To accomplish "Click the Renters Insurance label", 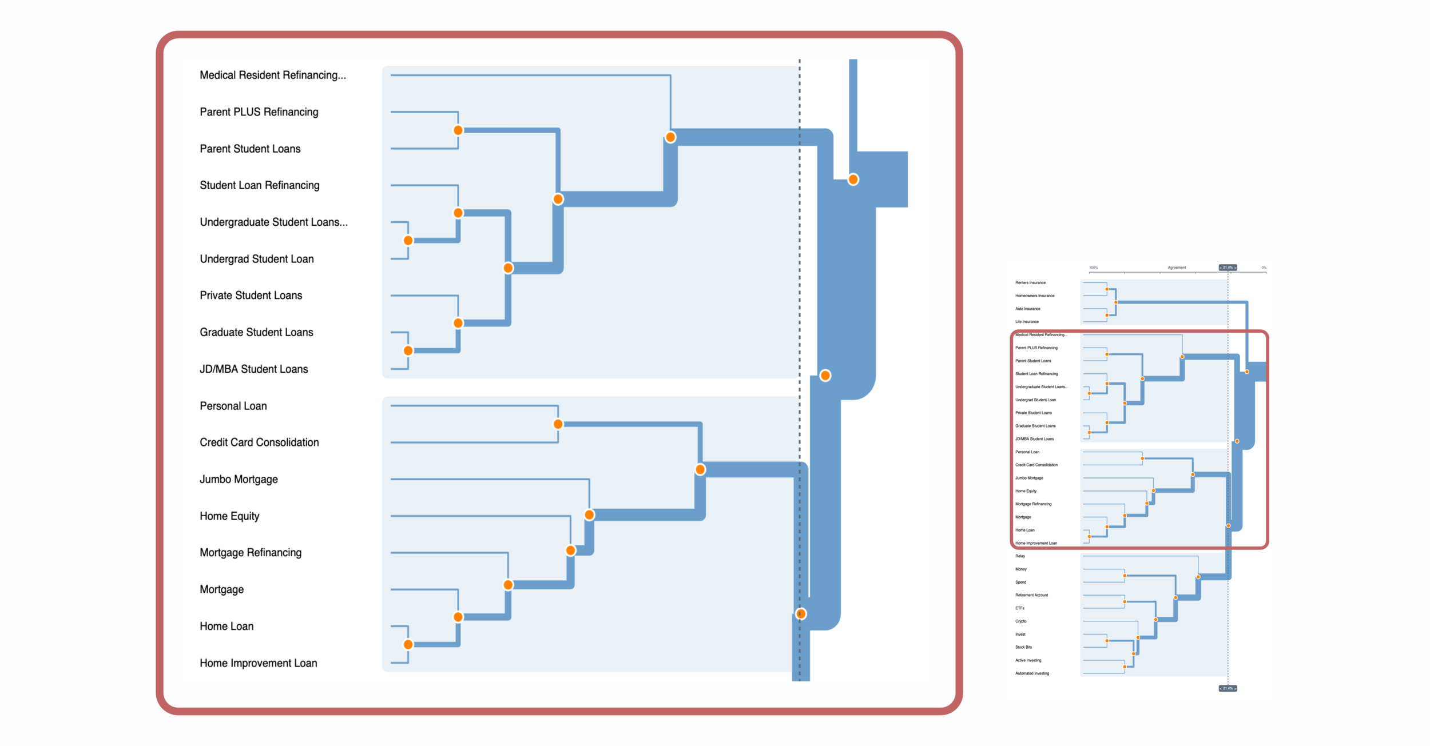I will click(x=1030, y=282).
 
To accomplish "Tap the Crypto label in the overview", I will click(x=1021, y=621).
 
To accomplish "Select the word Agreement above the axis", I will click(x=1177, y=268).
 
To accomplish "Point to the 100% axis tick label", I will click(x=1094, y=268).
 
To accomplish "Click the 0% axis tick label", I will click(x=1264, y=268).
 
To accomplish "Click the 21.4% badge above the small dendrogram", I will click(x=1228, y=268).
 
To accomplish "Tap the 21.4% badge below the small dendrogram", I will click(x=1228, y=688).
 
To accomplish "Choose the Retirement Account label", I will click(x=1031, y=595).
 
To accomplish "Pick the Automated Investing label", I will click(x=1032, y=673).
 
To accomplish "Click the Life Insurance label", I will click(x=1027, y=322).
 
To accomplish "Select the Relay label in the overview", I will click(x=1020, y=556).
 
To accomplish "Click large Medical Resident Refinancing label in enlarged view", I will click(x=273, y=75).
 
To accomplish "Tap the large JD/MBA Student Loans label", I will click(x=253, y=369).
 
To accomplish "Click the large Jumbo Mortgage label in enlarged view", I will click(x=239, y=480).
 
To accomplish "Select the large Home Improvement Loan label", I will click(x=258, y=663).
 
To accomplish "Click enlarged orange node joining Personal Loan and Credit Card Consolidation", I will click(x=558, y=424).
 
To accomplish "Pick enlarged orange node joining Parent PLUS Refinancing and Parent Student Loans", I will click(x=458, y=130).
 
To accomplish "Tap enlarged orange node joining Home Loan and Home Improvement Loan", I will click(x=408, y=645).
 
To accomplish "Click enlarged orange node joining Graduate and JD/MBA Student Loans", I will click(x=408, y=350).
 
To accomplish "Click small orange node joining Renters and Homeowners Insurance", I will click(x=1107, y=289).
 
